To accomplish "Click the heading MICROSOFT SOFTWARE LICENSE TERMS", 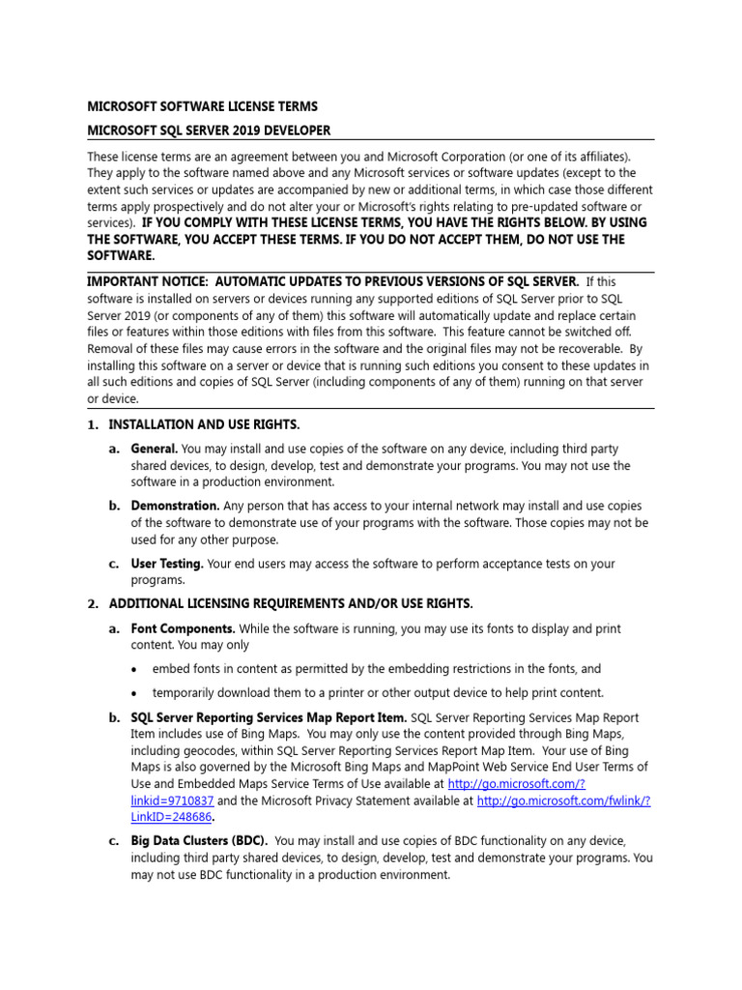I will coord(202,105).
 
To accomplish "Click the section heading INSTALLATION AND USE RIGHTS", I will coord(204,424).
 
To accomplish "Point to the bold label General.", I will coord(155,449).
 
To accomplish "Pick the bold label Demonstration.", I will coord(175,506).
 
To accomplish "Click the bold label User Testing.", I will coord(167,563).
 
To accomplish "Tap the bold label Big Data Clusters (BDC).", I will coord(200,840).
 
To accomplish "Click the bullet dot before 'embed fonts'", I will coord(132,669).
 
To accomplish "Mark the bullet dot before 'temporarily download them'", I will coord(132,693).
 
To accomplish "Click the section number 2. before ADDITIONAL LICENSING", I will coord(93,604).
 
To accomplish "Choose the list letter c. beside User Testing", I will coord(113,563).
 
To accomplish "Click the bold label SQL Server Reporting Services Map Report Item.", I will coord(269,717).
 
